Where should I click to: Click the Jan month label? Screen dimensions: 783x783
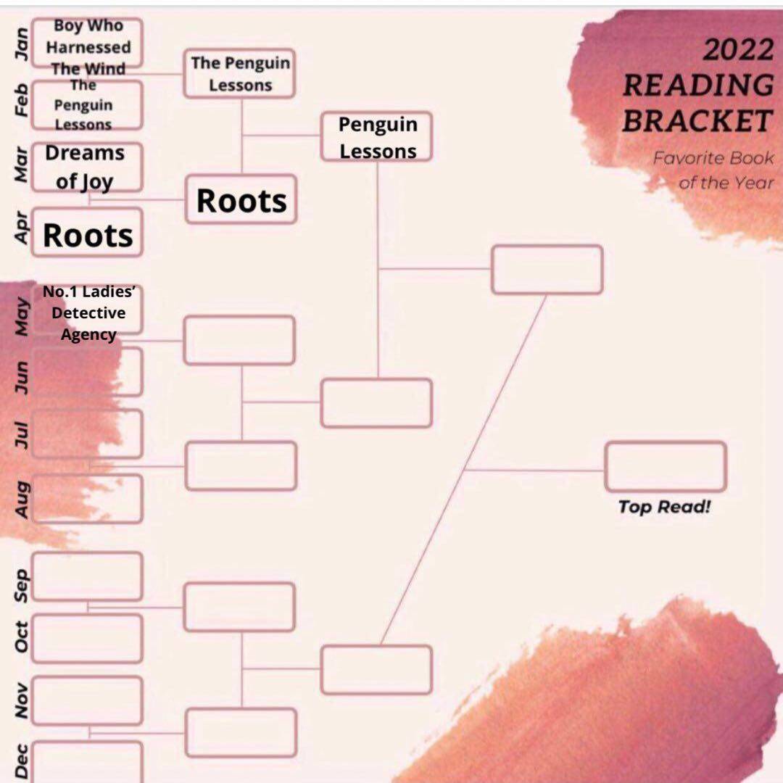pos(22,43)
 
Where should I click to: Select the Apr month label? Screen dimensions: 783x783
pos(22,228)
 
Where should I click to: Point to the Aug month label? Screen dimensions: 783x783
pos(22,500)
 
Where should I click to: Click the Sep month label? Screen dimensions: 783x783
pos(22,584)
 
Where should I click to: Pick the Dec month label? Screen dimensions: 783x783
pos(22,761)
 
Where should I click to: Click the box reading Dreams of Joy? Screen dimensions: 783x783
pos(87,167)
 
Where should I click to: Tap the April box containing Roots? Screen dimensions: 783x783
pos(88,233)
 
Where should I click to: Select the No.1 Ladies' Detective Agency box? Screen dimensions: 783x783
pos(88,312)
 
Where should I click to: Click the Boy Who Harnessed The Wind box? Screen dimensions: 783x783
pos(88,45)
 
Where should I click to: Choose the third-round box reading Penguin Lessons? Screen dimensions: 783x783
pos(377,137)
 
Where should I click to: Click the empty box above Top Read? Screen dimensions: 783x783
pos(665,467)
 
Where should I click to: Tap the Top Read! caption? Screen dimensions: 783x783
pos(664,507)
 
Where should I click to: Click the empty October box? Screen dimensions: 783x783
pos(87,638)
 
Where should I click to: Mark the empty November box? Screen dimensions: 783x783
pos(87,700)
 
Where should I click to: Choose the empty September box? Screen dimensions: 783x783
pos(87,576)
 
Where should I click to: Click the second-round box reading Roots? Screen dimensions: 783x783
pos(241,200)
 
